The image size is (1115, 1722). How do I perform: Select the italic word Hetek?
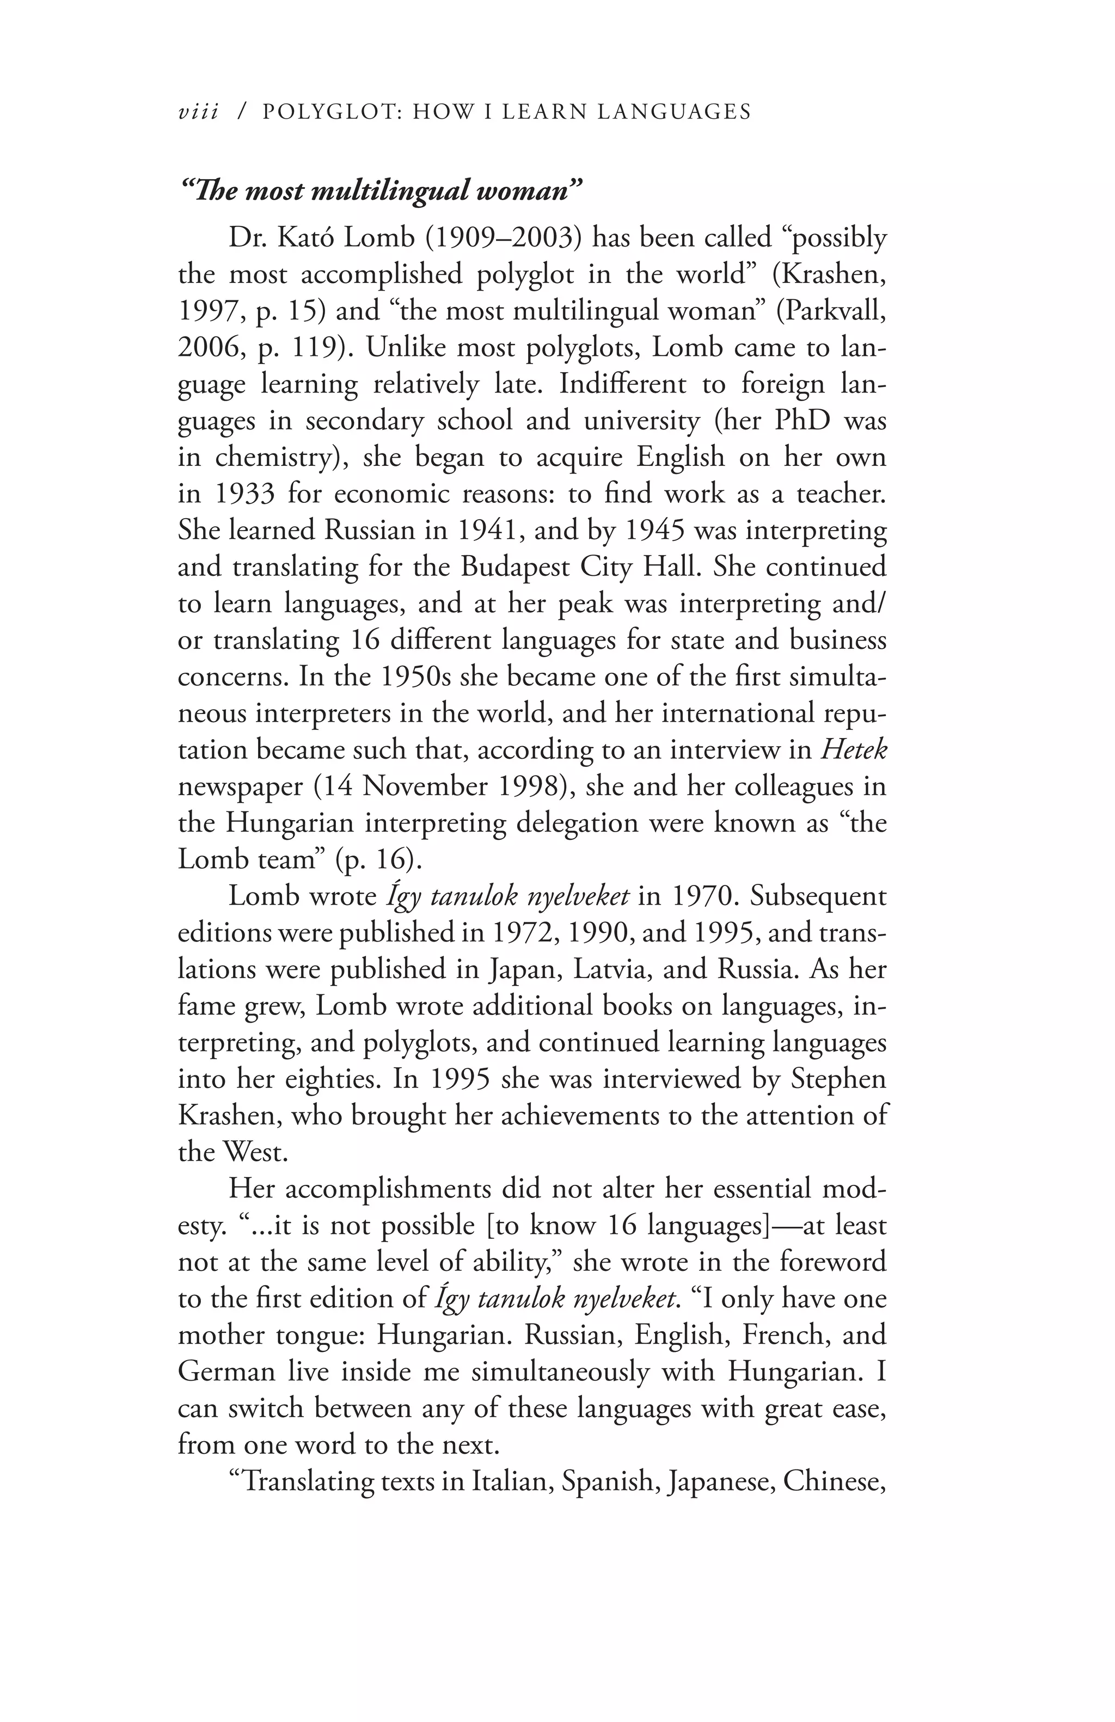tap(854, 749)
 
